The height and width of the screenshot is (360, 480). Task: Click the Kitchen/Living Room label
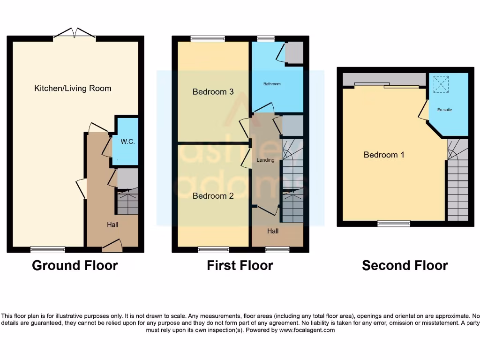pyautogui.click(x=73, y=88)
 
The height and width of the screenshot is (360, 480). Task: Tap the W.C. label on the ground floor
pyautogui.click(x=127, y=141)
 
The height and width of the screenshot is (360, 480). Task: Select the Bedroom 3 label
pyautogui.click(x=213, y=92)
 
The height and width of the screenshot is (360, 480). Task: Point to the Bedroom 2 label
pyautogui.click(x=213, y=196)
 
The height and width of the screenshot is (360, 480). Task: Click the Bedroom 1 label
pyautogui.click(x=384, y=155)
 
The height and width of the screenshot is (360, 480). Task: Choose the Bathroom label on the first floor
pyautogui.click(x=272, y=84)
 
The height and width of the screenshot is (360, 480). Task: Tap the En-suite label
pyautogui.click(x=444, y=110)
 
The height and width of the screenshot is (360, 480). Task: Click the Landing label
pyautogui.click(x=265, y=160)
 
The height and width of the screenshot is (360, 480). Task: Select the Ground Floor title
pyautogui.click(x=75, y=265)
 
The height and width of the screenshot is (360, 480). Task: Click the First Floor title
pyautogui.click(x=240, y=265)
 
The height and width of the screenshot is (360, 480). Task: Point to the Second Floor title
pyautogui.click(x=405, y=265)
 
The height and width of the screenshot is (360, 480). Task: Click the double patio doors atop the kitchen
pyautogui.click(x=75, y=34)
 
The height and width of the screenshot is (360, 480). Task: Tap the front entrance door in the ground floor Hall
pyautogui.click(x=112, y=244)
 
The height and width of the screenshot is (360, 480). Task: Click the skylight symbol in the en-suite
pyautogui.click(x=441, y=84)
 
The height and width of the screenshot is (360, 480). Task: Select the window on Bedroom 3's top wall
pyautogui.click(x=207, y=39)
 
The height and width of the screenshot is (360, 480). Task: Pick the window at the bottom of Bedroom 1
pyautogui.click(x=394, y=224)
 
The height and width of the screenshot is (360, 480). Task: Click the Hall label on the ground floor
pyautogui.click(x=112, y=225)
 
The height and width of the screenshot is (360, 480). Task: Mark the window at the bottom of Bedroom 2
pyautogui.click(x=213, y=249)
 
